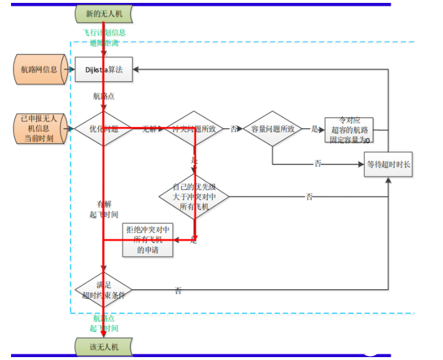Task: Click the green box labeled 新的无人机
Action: tap(104, 13)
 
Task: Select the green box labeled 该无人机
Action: tap(104, 346)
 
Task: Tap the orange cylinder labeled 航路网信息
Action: tap(39, 70)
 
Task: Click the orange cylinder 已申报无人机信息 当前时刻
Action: tap(40, 129)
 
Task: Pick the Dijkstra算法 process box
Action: tap(104, 70)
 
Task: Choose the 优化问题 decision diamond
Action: tap(103, 129)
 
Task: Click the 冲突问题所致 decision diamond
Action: tap(194, 129)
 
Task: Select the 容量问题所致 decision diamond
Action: tap(273, 129)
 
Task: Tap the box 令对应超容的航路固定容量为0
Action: tap(348, 129)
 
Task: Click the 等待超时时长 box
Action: tap(388, 164)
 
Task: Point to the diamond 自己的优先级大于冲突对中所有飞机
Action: tap(194, 196)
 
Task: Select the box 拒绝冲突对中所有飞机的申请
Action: tap(147, 239)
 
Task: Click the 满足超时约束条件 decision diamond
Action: tap(103, 289)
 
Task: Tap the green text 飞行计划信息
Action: tap(104, 32)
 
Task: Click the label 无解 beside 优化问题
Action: tap(150, 129)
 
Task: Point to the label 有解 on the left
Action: tap(104, 204)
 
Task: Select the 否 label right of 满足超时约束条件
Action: tap(178, 290)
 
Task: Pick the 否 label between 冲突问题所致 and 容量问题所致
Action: tap(234, 129)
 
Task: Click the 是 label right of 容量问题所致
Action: tap(315, 129)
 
